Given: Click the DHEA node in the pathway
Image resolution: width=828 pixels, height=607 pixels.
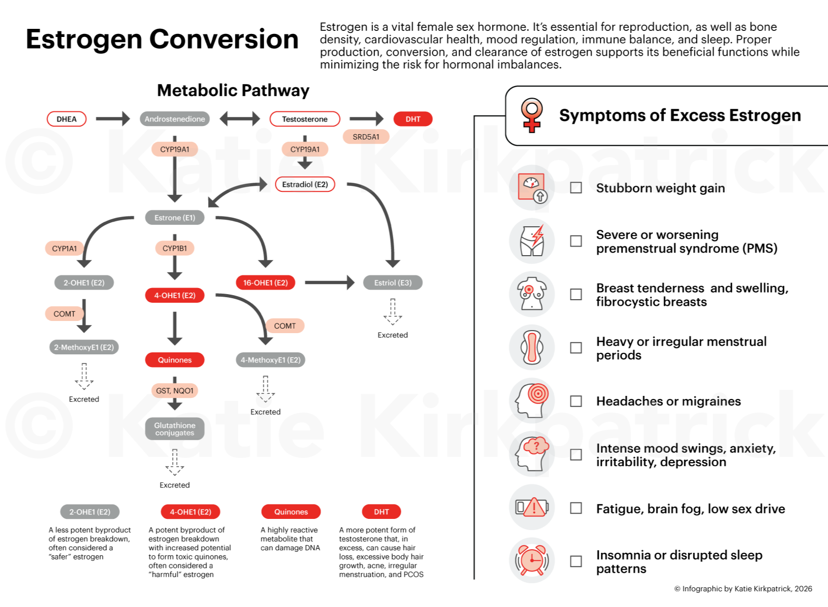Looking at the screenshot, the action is point(66,119).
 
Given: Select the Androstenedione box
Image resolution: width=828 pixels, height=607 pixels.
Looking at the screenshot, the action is point(175,119).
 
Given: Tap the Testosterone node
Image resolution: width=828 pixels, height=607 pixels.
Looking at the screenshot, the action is point(305,119).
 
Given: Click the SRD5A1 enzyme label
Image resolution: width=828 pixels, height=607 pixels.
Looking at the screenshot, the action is point(366,137).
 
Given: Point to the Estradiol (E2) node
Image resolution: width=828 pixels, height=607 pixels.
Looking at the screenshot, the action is point(305,184).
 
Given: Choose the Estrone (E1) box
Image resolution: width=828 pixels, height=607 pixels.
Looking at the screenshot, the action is point(175,218).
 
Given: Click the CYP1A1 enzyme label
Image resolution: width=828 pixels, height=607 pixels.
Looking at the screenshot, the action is point(64,249).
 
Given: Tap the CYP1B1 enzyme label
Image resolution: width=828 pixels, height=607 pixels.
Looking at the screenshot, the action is point(175,249).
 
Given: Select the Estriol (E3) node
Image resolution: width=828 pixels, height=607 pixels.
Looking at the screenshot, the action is point(393,283).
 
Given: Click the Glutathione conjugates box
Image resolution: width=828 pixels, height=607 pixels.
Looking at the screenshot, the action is point(175,429).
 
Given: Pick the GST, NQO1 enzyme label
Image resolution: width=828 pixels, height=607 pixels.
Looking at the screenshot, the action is point(175,391).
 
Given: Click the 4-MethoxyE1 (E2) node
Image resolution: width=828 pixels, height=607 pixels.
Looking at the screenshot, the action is point(271,360).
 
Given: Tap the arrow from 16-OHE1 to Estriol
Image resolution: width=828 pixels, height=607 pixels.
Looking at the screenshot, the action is point(329,283).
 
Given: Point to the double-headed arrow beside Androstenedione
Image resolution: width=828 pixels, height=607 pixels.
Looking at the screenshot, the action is point(239,119).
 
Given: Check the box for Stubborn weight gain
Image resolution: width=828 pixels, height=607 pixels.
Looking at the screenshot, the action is point(576,188).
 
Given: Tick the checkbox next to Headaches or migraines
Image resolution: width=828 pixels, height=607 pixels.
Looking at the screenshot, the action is point(576,401).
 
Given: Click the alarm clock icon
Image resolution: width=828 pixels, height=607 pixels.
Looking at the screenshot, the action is point(532,560).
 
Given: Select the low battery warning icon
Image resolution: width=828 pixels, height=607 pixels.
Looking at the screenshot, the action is point(532,507).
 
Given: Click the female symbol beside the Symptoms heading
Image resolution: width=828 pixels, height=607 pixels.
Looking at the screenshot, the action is point(531,115).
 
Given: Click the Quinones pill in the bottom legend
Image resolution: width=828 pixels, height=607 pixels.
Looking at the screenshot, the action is point(291,512).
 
